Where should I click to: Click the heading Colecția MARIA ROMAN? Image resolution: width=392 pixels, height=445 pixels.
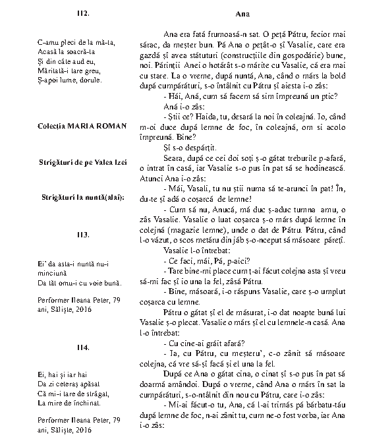pyautogui.click(x=83, y=126)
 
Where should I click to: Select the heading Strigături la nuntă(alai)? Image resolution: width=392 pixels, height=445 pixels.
pyautogui.click(x=83, y=198)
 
